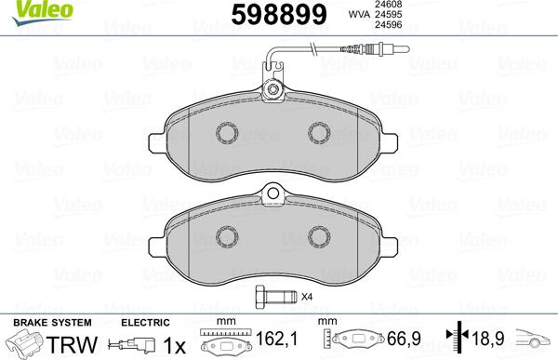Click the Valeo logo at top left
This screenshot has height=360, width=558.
coord(24,9)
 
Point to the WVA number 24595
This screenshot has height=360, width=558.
coord(386,15)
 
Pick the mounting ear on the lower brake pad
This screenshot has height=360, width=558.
coord(273,195)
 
